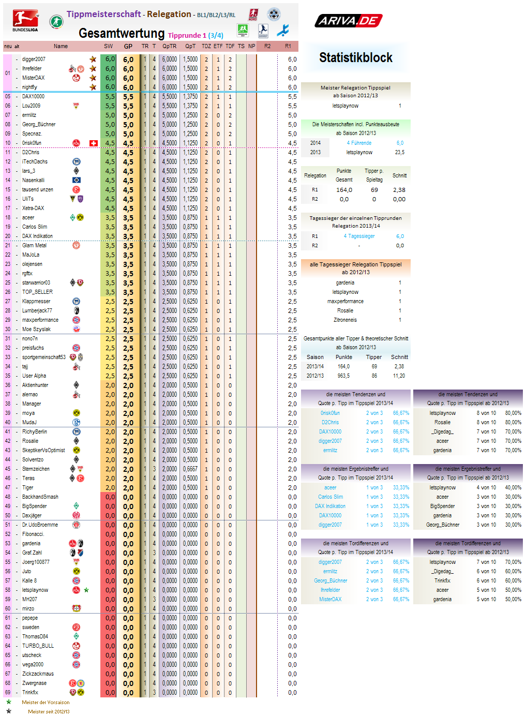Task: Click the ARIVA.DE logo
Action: click(349, 21)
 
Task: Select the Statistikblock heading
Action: click(355, 57)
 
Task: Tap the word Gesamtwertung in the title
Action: click(122, 34)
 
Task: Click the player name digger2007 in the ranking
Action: click(34, 59)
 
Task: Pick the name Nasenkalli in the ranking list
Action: click(33, 181)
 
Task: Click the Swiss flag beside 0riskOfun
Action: click(94, 143)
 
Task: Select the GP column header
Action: click(128, 47)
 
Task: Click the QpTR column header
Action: click(169, 47)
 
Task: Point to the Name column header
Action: click(61, 47)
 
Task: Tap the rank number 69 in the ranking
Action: click(8, 692)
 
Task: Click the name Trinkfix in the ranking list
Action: click(30, 692)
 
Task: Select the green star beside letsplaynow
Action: click(86, 590)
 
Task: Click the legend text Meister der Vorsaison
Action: click(46, 703)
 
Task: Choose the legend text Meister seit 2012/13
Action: click(49, 712)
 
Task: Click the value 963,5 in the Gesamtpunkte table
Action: click(343, 376)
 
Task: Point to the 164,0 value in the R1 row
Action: click(344, 190)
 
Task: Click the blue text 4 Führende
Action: click(359, 143)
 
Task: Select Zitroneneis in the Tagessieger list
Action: click(345, 320)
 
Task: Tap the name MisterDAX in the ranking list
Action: click(33, 78)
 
